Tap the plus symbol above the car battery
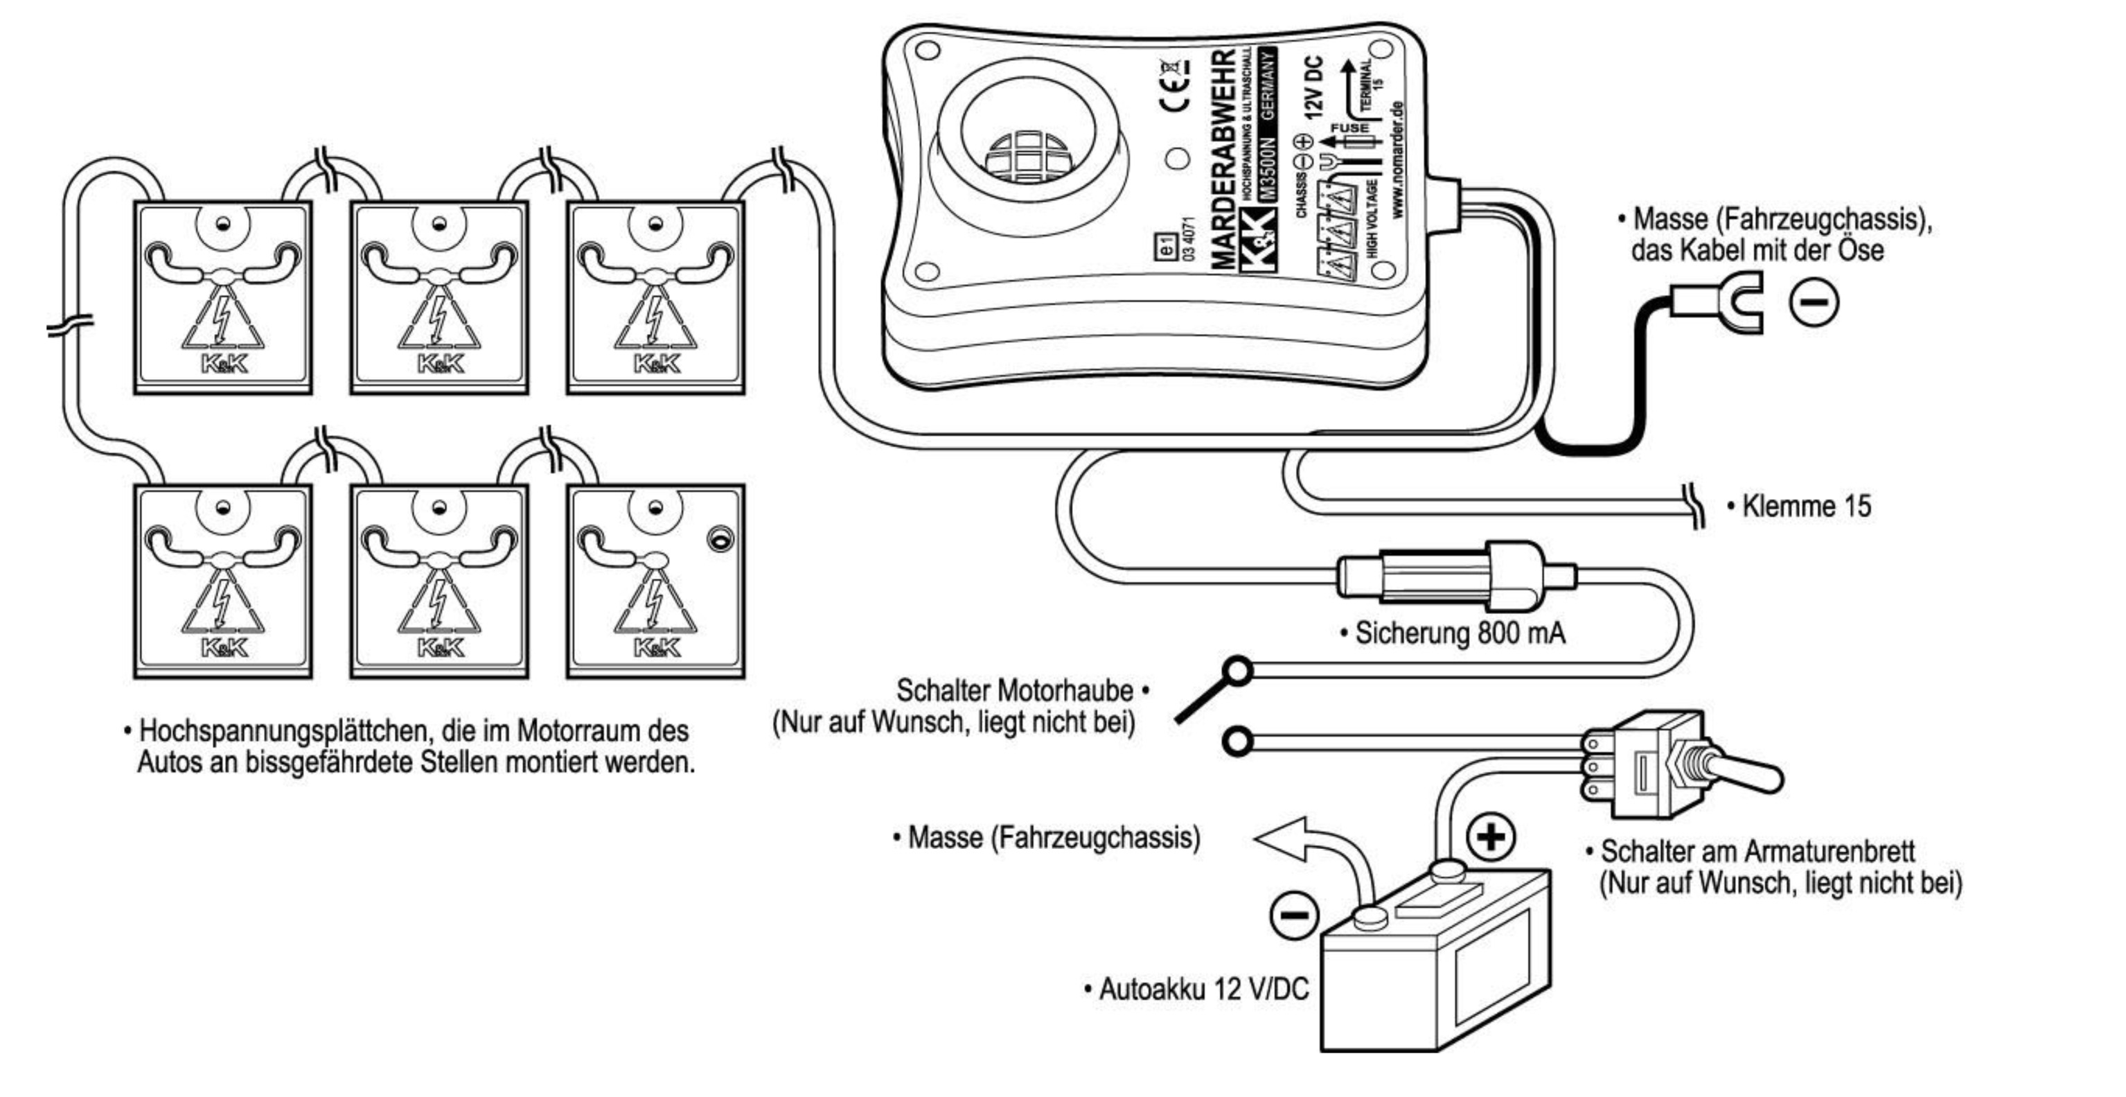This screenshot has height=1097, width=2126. click(1491, 837)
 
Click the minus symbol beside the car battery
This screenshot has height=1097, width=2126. click(1294, 915)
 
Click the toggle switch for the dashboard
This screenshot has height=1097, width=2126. click(1676, 764)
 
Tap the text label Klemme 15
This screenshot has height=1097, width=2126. click(1806, 506)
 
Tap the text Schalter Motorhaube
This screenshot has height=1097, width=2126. click(1014, 690)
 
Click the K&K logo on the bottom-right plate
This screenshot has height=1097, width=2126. click(657, 647)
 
